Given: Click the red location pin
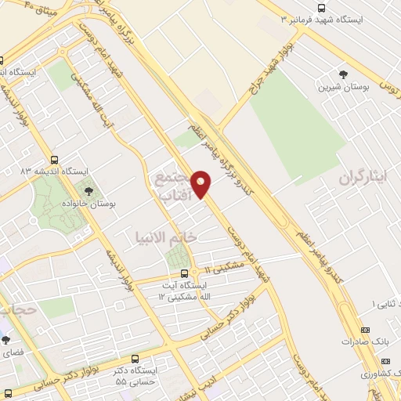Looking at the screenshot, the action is (201, 185).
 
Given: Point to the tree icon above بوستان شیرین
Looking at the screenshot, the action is (343, 74).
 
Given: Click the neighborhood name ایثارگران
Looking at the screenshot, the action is (363, 177).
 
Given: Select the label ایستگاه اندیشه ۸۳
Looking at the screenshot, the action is (55, 170).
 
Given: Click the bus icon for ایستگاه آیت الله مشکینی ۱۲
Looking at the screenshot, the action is (184, 273).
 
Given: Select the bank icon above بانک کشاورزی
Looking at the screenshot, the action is (385, 361).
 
